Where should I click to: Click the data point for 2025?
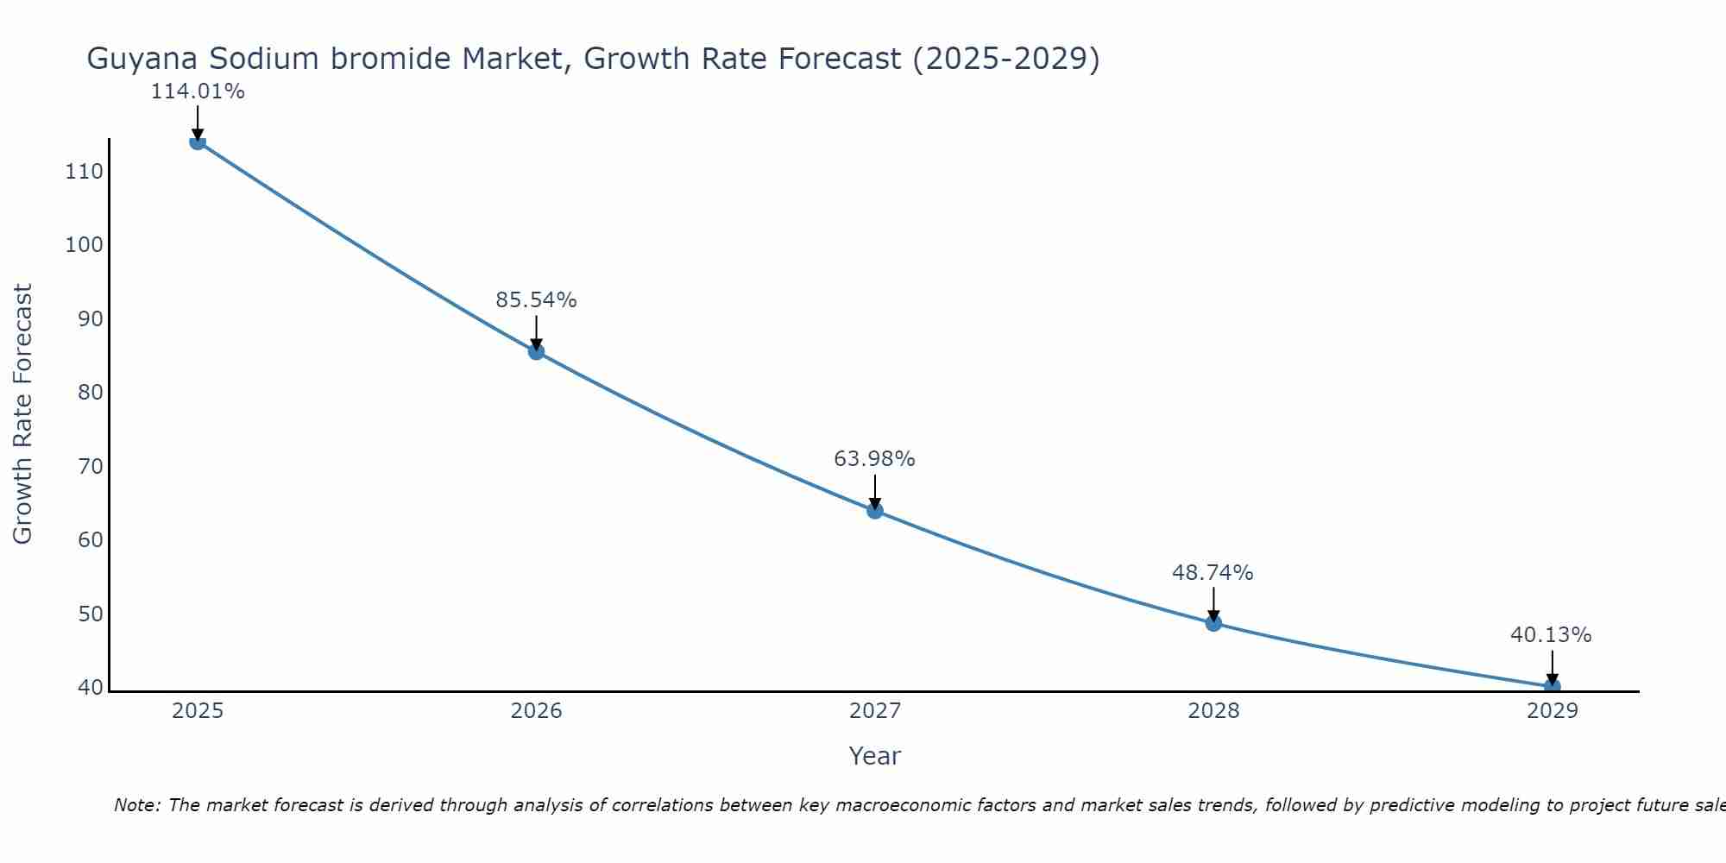(x=198, y=142)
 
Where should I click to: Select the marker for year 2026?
(x=536, y=351)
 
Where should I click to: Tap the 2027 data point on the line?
(x=874, y=510)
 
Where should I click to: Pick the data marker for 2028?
(x=1213, y=622)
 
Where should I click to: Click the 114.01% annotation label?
(x=198, y=91)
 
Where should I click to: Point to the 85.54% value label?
(x=536, y=300)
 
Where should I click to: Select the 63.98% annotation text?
(x=874, y=459)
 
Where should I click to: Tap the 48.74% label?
(x=1213, y=573)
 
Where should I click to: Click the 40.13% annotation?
(x=1551, y=635)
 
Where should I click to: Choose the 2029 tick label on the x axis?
(x=1552, y=711)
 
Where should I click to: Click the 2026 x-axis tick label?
(x=536, y=711)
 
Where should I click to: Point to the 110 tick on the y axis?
(x=84, y=172)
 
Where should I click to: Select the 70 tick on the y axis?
(x=90, y=467)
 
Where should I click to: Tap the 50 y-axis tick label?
(x=90, y=614)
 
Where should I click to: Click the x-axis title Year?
(x=874, y=756)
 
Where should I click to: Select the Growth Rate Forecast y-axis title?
(x=22, y=414)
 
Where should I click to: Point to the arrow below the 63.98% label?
(x=874, y=490)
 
